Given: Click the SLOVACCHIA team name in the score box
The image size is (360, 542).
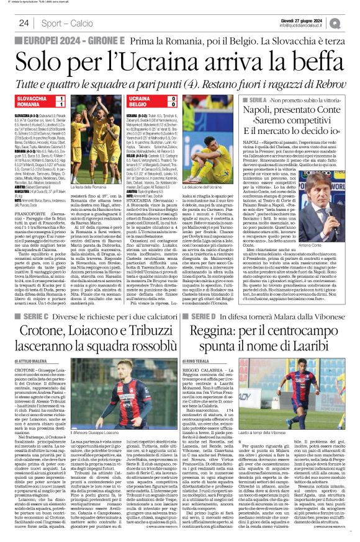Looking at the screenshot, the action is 31,99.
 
